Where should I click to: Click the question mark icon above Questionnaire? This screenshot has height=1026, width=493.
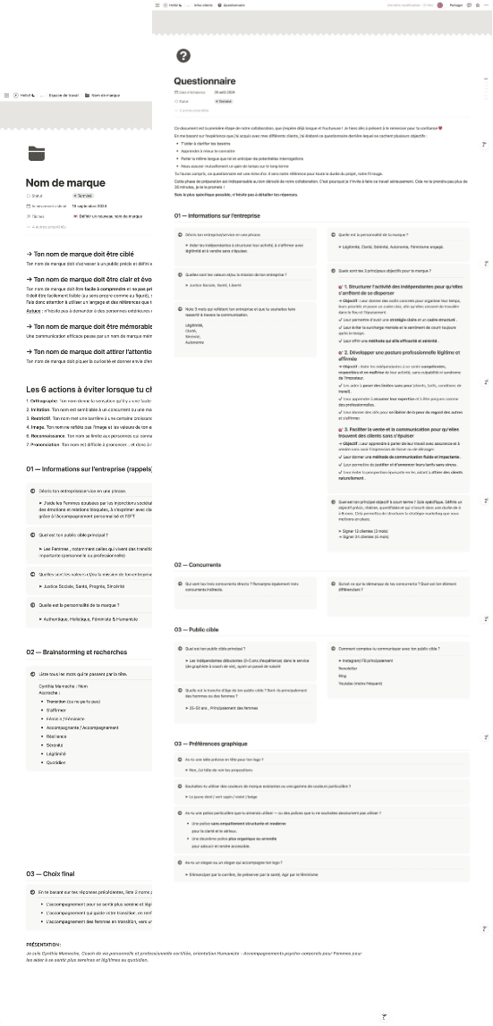tap(183, 56)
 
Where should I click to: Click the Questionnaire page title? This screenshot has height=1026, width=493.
tap(205, 79)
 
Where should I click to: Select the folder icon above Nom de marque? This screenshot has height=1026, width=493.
tap(35, 153)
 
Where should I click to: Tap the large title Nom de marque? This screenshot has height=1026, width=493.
tap(65, 183)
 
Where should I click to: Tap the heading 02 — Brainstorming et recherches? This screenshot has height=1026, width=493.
tap(76, 652)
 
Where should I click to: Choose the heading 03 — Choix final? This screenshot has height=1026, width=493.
tap(55, 873)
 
